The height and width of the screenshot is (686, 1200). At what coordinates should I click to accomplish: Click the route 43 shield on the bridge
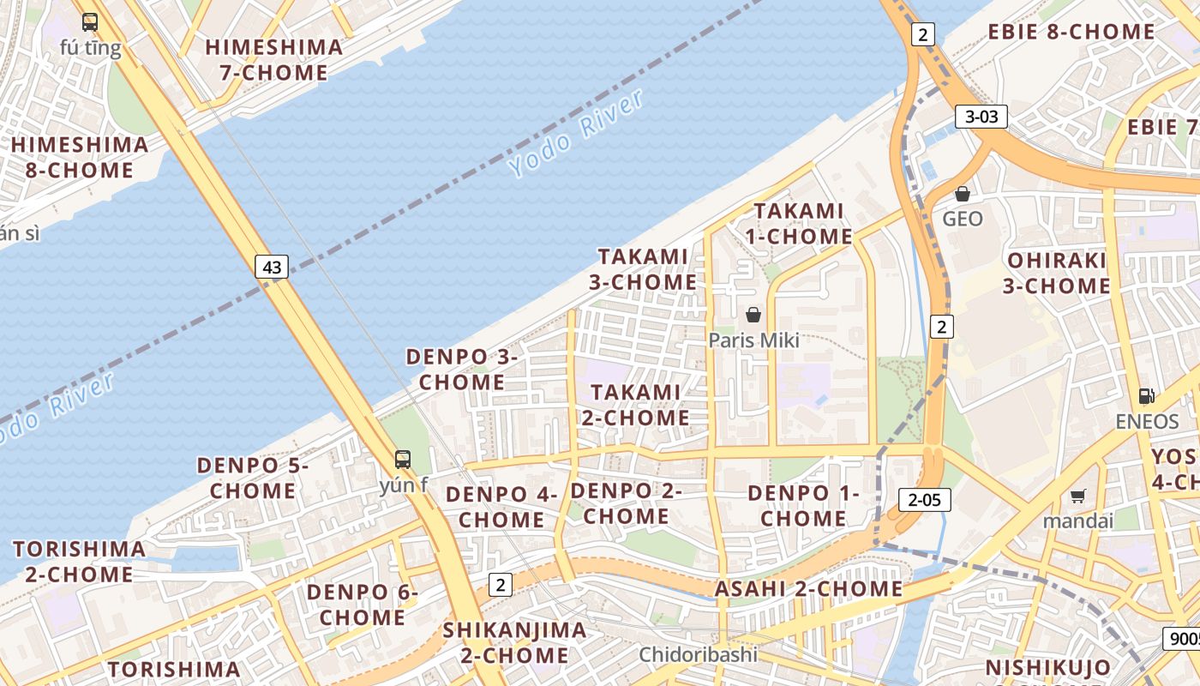[x=272, y=267]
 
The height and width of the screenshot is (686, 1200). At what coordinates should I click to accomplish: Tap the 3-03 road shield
[x=981, y=117]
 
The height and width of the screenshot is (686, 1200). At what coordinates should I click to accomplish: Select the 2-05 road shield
[x=925, y=499]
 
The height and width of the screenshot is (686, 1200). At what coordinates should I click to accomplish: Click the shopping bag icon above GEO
[x=963, y=194]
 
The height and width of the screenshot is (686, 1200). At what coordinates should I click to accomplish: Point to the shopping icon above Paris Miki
[x=753, y=315]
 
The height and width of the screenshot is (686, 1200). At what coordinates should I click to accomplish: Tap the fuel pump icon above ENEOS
[x=1147, y=396]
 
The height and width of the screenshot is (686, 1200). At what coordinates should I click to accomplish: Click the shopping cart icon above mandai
[x=1078, y=496]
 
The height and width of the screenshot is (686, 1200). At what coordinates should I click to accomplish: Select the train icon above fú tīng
[x=90, y=22]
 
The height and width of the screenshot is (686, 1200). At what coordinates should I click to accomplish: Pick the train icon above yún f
[x=403, y=460]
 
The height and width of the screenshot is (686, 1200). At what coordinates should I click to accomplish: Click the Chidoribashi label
[x=699, y=655]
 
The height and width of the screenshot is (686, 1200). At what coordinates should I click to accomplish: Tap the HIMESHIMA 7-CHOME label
[x=274, y=60]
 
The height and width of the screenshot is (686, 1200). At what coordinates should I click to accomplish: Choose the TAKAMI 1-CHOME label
[x=802, y=223]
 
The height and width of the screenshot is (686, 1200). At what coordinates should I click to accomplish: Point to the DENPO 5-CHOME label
[x=253, y=478]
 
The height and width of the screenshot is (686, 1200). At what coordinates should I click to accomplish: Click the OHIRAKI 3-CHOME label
[x=1057, y=273]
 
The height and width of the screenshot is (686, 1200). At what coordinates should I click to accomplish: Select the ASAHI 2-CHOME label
[x=808, y=589]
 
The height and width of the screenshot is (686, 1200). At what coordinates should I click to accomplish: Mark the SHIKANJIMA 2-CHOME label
[x=515, y=643]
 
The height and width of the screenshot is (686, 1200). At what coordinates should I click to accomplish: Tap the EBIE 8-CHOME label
[x=1071, y=33]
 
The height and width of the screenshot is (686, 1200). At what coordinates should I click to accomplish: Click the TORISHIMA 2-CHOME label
[x=79, y=562]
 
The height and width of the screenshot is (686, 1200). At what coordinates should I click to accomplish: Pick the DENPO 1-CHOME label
[x=803, y=506]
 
